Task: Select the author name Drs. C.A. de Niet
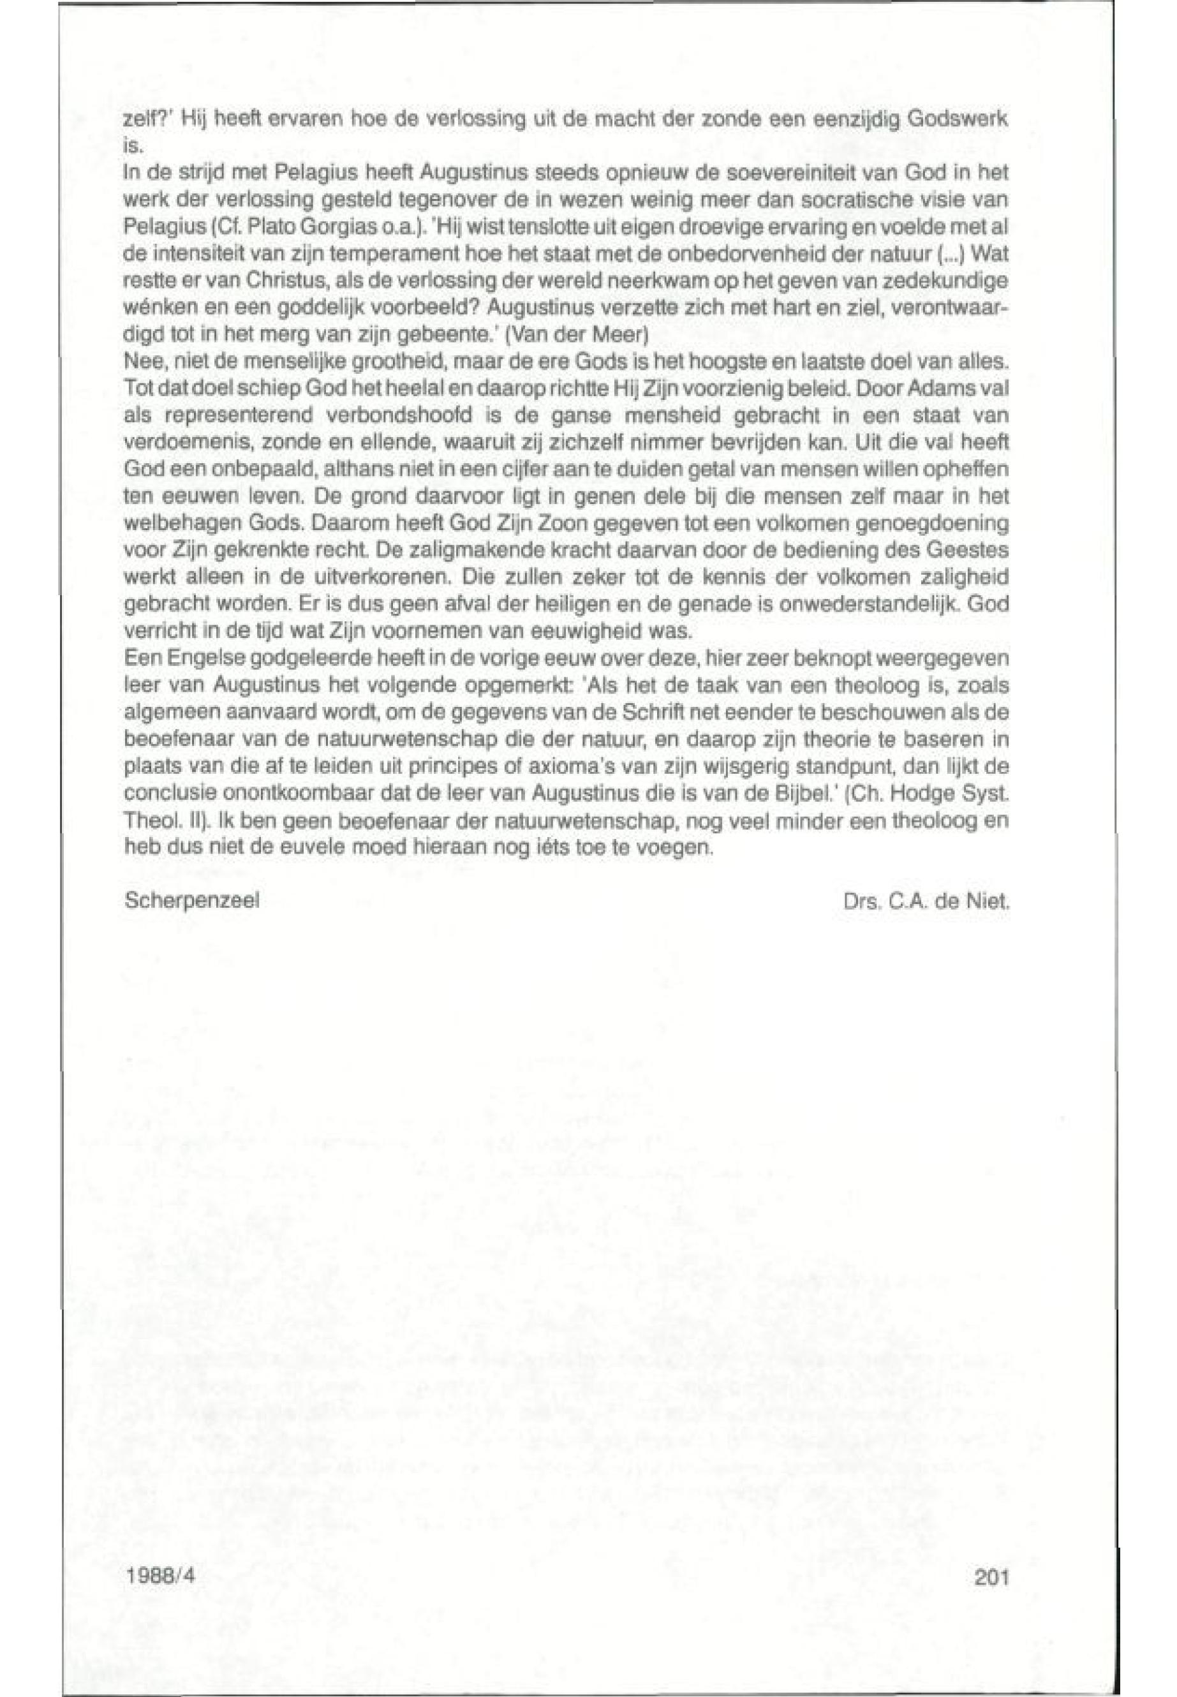point(922,900)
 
